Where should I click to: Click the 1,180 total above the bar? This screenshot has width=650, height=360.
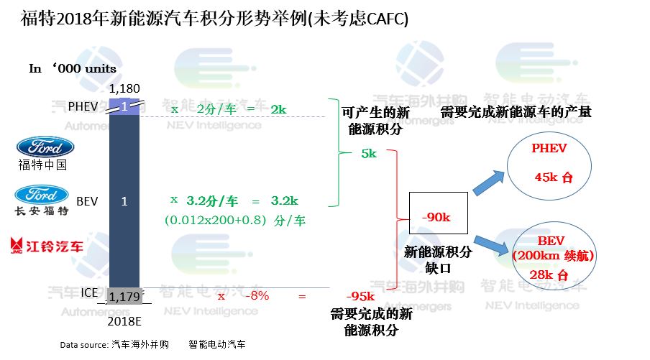click(x=124, y=89)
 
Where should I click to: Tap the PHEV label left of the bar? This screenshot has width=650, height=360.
click(x=82, y=106)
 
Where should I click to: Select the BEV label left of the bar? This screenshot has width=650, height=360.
click(x=86, y=202)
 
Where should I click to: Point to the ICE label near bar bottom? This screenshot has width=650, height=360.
click(x=88, y=293)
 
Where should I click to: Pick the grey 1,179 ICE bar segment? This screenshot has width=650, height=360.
click(x=124, y=296)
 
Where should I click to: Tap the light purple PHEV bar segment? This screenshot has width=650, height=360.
click(x=124, y=106)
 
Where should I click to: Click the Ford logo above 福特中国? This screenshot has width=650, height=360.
click(x=45, y=147)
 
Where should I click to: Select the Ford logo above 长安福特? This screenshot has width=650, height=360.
click(x=42, y=194)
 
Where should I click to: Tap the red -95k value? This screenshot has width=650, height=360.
click(x=360, y=297)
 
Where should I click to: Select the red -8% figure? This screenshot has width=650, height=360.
click(x=256, y=296)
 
